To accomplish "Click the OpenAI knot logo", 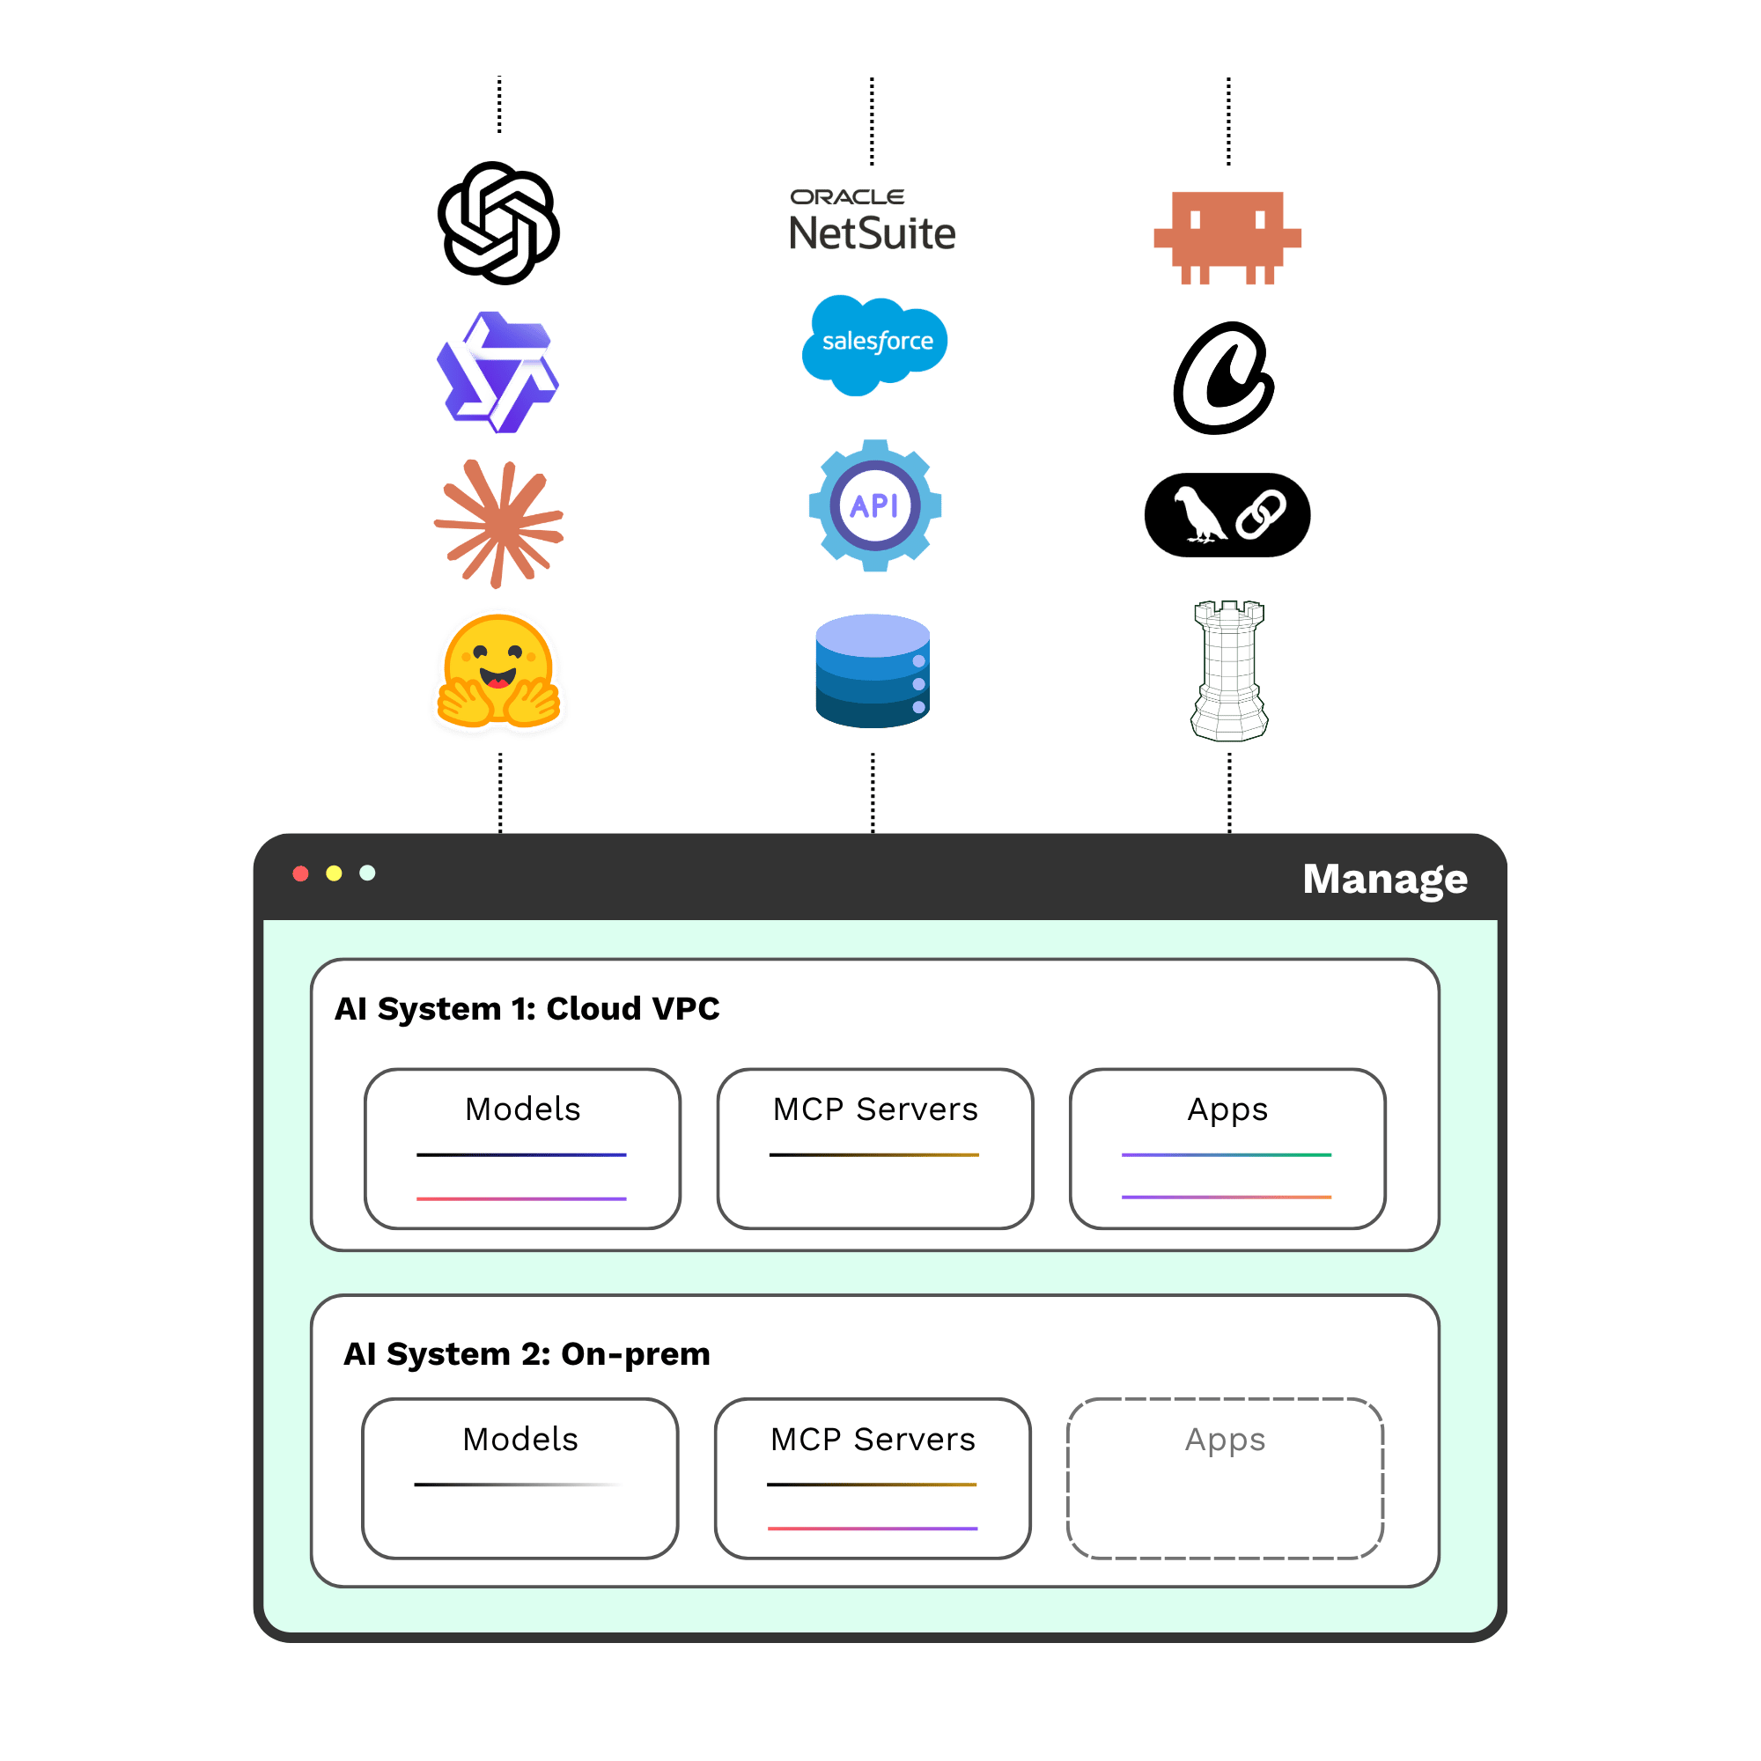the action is point(498,224).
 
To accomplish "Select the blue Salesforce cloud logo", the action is point(874,345).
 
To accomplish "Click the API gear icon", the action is point(875,506).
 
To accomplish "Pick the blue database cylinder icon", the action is point(873,671).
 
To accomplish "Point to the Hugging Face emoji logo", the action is point(498,672).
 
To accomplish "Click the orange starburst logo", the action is point(498,524).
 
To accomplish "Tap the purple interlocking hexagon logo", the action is point(497,372).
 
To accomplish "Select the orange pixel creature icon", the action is point(1227,238).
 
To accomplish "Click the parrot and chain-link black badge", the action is point(1227,515).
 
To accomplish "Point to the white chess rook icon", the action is point(1229,671).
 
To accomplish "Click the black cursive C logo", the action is point(1224,379).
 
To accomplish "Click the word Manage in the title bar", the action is point(1385,880).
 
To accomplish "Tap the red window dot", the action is point(301,874).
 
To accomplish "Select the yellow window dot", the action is point(335,874).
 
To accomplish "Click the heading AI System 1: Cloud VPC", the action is point(527,1009).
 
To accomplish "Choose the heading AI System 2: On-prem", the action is point(527,1354).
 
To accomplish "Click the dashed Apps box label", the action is point(1226,1440).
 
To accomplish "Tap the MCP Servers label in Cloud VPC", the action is point(876,1109).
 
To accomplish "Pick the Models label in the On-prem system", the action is point(520,1440).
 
